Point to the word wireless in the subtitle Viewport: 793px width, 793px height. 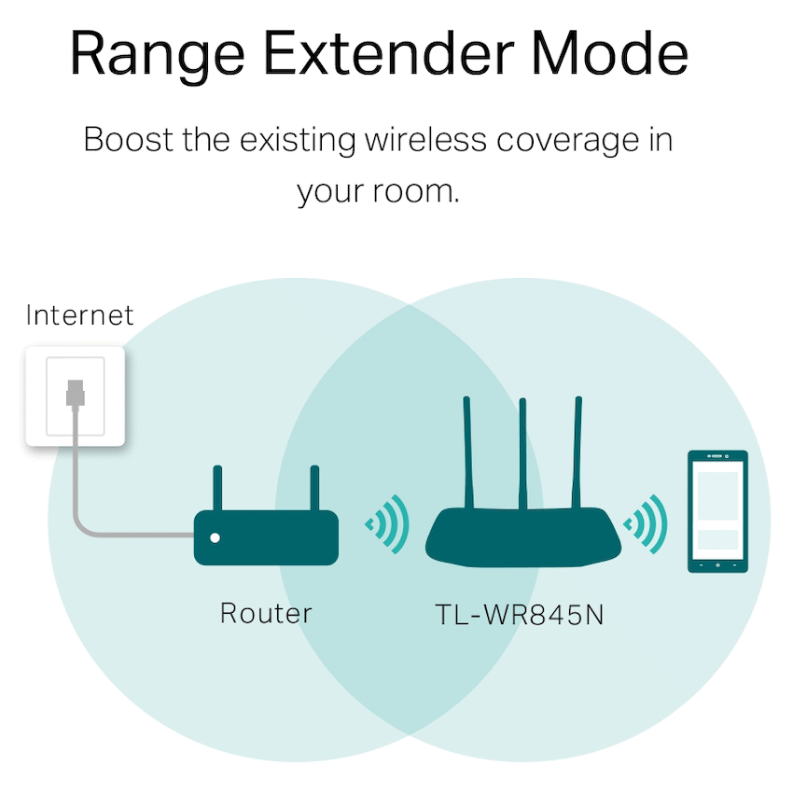pyautogui.click(x=425, y=141)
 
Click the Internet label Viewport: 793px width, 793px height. pyautogui.click(x=80, y=315)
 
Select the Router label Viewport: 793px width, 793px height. pyautogui.click(x=266, y=613)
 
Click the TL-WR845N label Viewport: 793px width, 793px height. pyautogui.click(x=520, y=615)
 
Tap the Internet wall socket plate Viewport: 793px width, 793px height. pyautogui.click(x=75, y=396)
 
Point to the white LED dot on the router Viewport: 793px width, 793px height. pyautogui.click(x=216, y=537)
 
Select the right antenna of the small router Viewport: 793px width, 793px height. pyautogui.click(x=314, y=487)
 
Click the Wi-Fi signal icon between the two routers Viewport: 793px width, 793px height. pyautogui.click(x=388, y=525)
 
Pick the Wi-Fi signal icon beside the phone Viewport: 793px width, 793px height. pyautogui.click(x=647, y=525)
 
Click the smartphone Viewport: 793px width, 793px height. pyautogui.click(x=716, y=510)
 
